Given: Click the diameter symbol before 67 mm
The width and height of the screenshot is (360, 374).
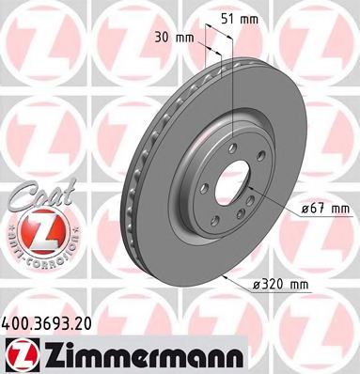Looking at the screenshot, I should [x=305, y=208].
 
